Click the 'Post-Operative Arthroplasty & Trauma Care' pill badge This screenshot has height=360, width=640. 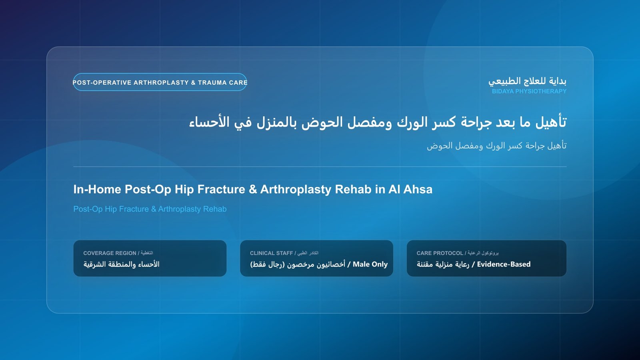coord(160,82)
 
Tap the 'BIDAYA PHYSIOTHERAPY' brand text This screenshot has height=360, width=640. coord(529,92)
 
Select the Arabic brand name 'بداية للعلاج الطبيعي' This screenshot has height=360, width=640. coord(528,82)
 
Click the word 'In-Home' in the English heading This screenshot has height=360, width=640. coord(97,190)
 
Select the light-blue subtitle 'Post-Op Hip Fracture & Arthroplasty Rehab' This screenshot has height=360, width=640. coord(150,209)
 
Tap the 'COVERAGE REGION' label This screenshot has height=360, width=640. coord(110,253)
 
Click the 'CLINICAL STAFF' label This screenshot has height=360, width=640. coord(272,253)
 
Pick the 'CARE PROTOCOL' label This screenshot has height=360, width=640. coord(440,253)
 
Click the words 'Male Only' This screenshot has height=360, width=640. coord(370,264)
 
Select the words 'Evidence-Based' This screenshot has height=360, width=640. coord(504,264)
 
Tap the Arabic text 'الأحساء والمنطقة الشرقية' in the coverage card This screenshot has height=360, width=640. coord(122,264)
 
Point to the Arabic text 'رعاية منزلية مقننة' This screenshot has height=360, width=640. coord(443,264)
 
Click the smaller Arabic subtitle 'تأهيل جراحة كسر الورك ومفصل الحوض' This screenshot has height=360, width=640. coord(496,146)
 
